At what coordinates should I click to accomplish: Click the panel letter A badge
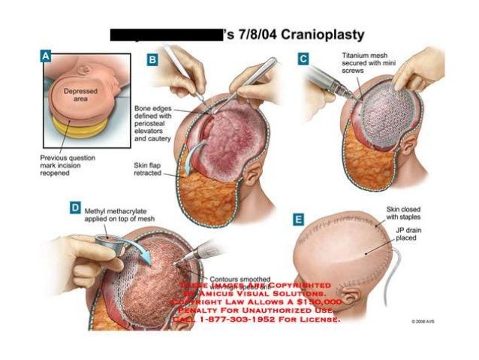pyautogui.click(x=46, y=55)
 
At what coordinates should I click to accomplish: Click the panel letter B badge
pyautogui.click(x=153, y=59)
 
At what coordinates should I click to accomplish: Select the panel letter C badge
pyautogui.click(x=303, y=57)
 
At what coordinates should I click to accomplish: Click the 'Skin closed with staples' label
pyautogui.click(x=405, y=212)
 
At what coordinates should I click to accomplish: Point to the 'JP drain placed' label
pyautogui.click(x=411, y=233)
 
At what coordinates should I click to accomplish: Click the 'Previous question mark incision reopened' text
pyautogui.click(x=68, y=167)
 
